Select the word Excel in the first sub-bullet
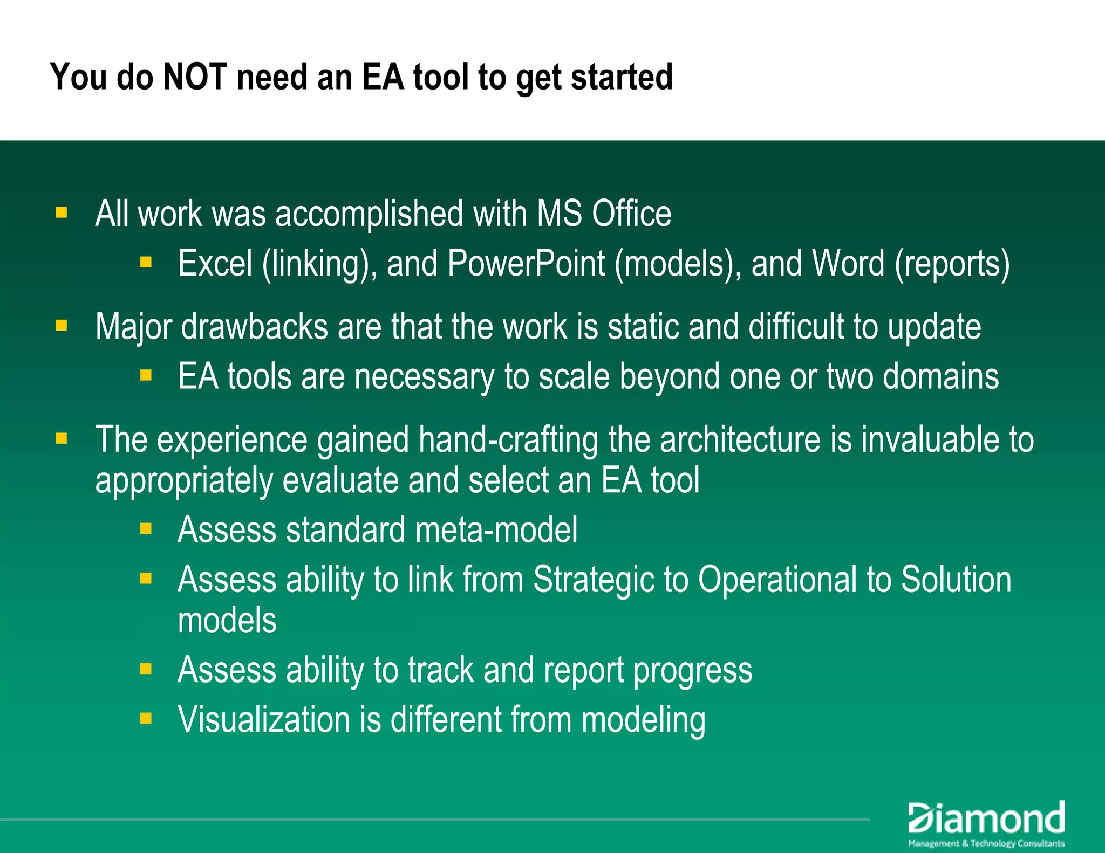point(215,264)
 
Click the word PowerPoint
point(526,264)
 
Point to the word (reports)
point(952,264)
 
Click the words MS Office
point(604,214)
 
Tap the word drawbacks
point(254,327)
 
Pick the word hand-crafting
point(508,439)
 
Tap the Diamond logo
point(986,818)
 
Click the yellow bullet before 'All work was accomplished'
point(62,212)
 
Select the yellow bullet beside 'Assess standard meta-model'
point(146,528)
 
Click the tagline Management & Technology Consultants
point(986,843)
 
